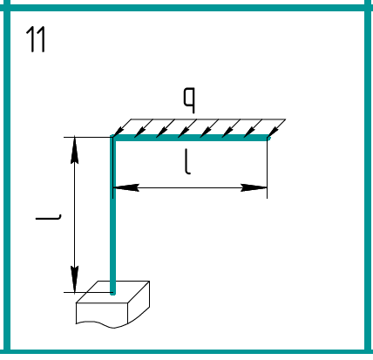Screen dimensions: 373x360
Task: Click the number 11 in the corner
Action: tap(36, 39)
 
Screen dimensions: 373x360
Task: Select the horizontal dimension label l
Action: tap(187, 162)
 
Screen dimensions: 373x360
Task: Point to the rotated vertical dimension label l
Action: tap(48, 217)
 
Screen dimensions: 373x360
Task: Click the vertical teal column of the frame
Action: tap(112, 215)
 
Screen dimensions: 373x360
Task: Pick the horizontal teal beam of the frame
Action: tap(190, 138)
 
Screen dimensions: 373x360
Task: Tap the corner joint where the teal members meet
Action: tap(113, 138)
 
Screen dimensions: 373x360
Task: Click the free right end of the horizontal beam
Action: tap(268, 138)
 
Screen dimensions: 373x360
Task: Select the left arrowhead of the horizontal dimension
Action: tap(125, 187)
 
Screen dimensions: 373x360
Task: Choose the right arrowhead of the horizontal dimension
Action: tap(254, 187)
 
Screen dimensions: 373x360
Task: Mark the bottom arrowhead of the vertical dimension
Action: tap(75, 279)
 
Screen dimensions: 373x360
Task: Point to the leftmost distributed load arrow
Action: tap(122, 128)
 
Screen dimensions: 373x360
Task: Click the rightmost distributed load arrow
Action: tap(276, 128)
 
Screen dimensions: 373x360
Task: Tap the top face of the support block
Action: tap(113, 292)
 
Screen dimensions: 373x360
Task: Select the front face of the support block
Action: tap(102, 314)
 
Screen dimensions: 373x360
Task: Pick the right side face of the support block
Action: tap(139, 302)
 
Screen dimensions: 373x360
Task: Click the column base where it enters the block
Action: tap(112, 293)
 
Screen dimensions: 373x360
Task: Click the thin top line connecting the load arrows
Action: tap(208, 119)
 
